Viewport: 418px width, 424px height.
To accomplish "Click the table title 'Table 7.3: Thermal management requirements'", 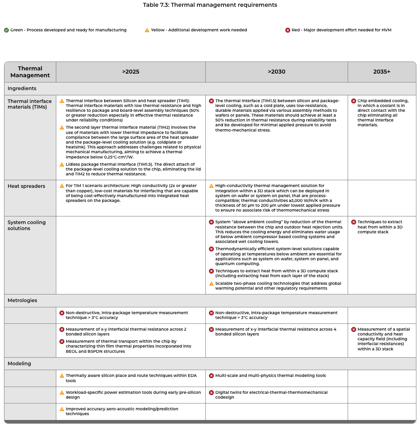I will click(210, 5).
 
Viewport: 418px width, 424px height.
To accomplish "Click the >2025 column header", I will click(131, 72).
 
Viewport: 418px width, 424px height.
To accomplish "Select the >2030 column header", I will click(277, 72).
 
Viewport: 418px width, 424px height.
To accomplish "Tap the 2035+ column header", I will click(381, 72).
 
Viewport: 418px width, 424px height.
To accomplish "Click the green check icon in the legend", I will click(6, 30).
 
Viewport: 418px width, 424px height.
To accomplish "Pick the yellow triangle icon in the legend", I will click(147, 30).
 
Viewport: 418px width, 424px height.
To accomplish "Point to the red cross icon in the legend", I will click(288, 30).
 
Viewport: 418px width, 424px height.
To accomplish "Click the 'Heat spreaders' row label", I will click(27, 186).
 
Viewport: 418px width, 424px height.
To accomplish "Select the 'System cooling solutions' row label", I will click(27, 225).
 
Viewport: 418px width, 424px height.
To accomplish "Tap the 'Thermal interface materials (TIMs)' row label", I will click(30, 104).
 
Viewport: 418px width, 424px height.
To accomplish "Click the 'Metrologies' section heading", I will click(23, 301).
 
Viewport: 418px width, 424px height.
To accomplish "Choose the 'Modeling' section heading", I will click(19, 364).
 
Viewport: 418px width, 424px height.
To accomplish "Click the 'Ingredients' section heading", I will click(22, 89).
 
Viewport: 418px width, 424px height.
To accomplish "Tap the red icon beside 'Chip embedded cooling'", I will click(354, 101).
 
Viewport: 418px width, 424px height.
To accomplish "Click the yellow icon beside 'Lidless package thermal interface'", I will click(62, 165).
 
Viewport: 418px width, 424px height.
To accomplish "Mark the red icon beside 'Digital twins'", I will click(211, 393).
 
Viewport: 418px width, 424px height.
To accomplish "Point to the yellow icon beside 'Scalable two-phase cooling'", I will click(211, 284).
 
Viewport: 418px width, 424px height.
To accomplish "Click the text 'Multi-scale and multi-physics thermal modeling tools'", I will click(270, 376).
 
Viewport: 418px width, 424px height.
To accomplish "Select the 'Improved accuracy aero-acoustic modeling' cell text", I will click(122, 411).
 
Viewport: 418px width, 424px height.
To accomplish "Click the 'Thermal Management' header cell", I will click(30, 72).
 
